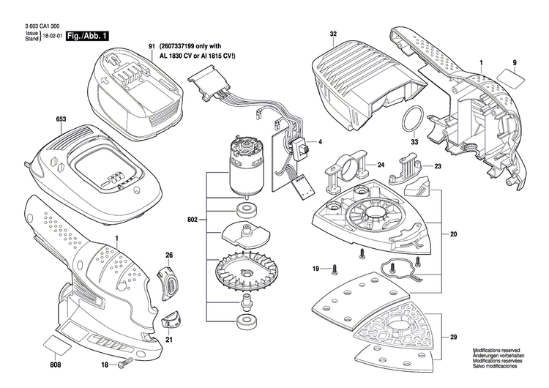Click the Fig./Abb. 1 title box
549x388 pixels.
tap(88, 35)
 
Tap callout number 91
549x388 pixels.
tap(152, 47)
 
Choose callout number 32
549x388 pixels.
tap(333, 34)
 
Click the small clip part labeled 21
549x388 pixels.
tap(170, 317)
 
